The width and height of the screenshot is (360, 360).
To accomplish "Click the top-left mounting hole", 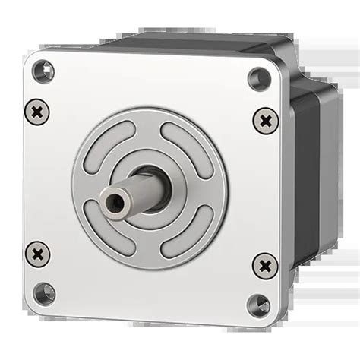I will (44, 72).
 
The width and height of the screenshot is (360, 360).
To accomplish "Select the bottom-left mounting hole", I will (45, 292).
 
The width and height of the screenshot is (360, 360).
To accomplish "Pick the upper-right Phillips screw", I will (264, 119).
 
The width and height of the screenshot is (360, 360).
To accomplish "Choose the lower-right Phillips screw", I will (264, 265).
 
